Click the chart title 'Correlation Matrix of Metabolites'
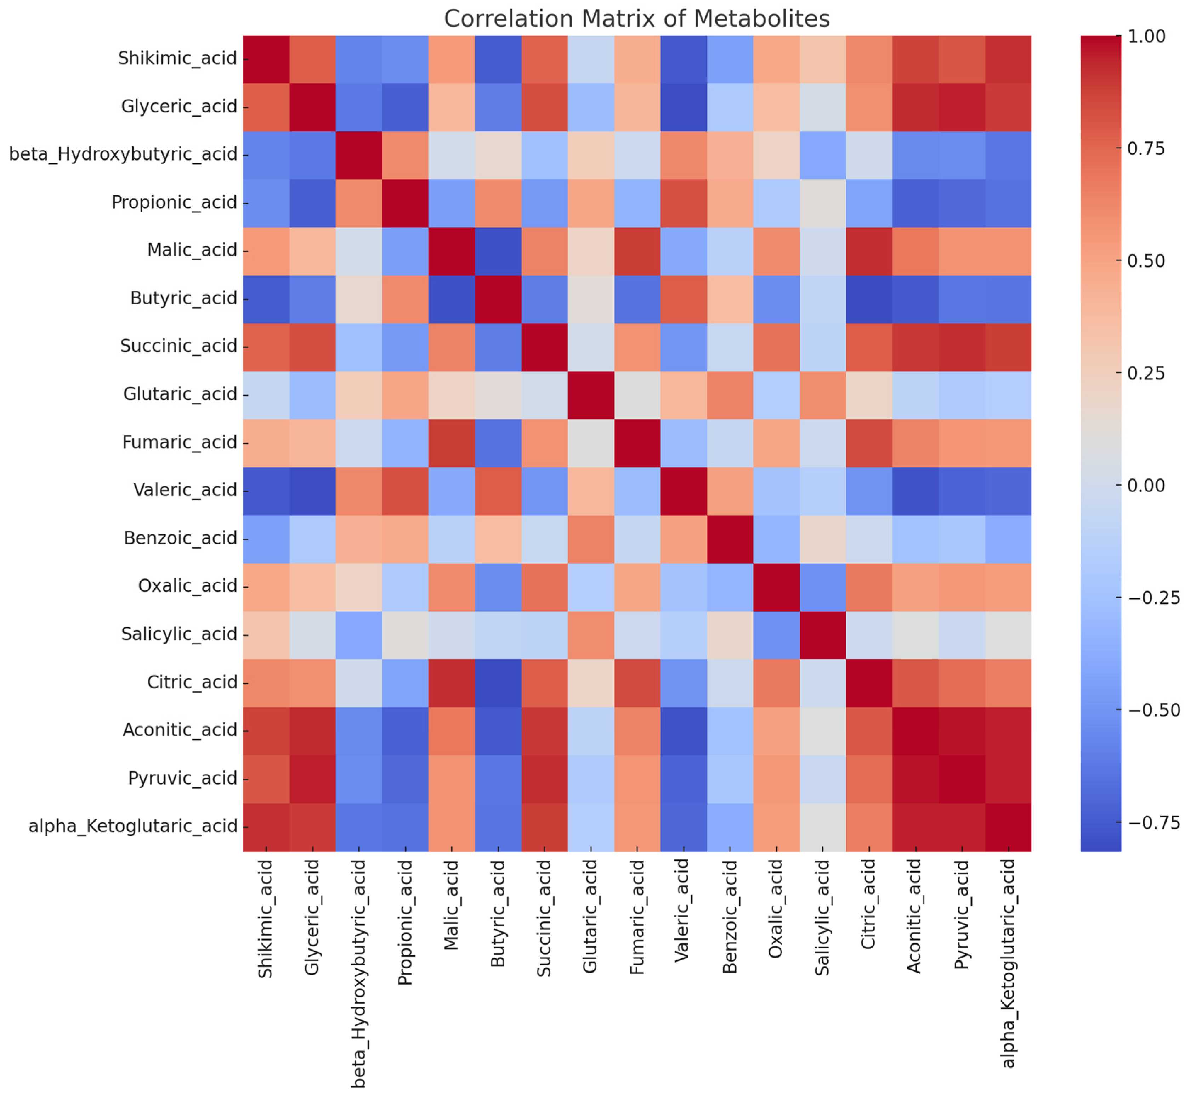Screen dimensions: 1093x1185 pos(636,18)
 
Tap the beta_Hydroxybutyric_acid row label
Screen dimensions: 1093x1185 pos(123,155)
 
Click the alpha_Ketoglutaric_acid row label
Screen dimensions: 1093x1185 pos(132,826)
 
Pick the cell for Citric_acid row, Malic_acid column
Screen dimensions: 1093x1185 pos(452,683)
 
